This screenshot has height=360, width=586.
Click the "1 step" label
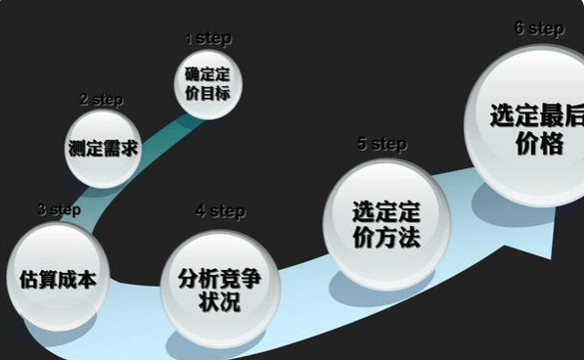(x=208, y=39)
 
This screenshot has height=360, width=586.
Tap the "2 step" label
(x=101, y=100)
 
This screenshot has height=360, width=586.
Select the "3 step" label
(x=59, y=209)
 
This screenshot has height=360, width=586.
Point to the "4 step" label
(x=220, y=211)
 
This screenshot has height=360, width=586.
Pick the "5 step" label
(x=382, y=145)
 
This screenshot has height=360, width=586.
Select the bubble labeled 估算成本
(x=57, y=278)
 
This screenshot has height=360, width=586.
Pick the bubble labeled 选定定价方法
(x=385, y=225)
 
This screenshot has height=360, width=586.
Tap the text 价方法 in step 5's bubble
(x=385, y=237)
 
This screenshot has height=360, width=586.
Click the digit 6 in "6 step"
(x=519, y=28)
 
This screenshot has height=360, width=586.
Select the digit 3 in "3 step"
(x=41, y=209)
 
